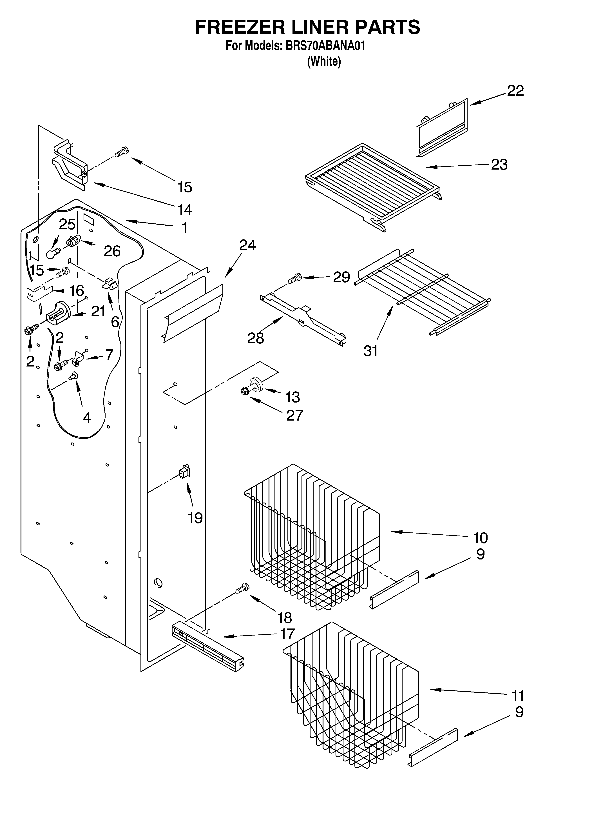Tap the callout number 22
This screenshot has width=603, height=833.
[x=515, y=91]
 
